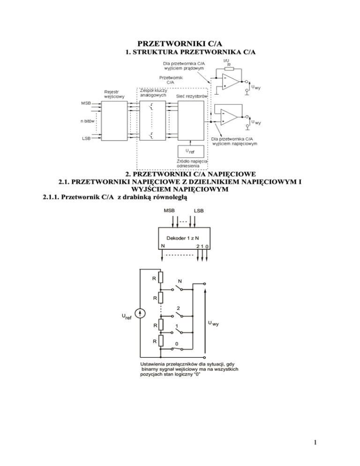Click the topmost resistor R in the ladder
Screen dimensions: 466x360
coord(161,278)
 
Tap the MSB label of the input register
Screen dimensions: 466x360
coord(86,103)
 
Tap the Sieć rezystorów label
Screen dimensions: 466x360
coord(192,96)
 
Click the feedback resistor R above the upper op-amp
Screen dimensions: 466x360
coord(229,68)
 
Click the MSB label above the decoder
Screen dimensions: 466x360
coord(169,210)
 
